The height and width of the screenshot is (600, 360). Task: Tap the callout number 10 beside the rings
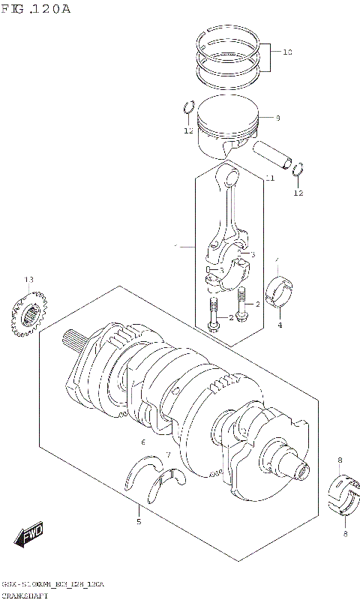tap(287, 52)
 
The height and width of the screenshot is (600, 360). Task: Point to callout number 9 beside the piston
tap(277, 118)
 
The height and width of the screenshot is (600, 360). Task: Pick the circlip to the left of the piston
tap(189, 109)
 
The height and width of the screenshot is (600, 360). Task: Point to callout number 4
tap(279, 325)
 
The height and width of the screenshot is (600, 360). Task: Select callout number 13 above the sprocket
tap(28, 280)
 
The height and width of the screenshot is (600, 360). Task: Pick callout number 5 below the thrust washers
tap(138, 521)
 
